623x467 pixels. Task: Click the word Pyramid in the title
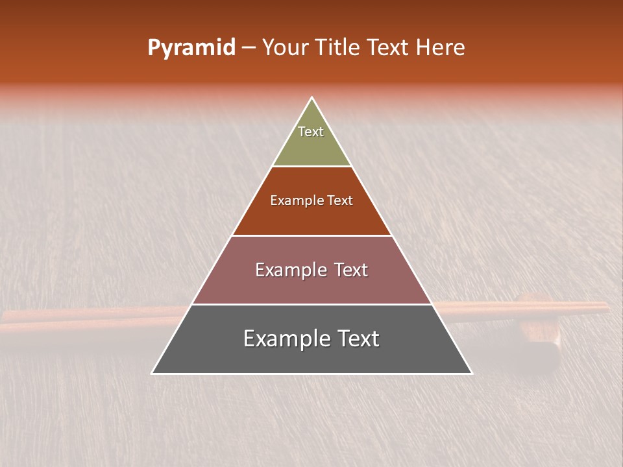pyautogui.click(x=191, y=48)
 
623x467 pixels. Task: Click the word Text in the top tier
pyautogui.click(x=311, y=132)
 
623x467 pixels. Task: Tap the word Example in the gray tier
pyautogui.click(x=286, y=339)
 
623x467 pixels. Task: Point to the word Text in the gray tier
pyautogui.click(x=356, y=339)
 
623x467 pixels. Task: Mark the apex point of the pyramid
pyautogui.click(x=312, y=98)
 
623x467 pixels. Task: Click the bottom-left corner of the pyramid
pyautogui.click(x=153, y=373)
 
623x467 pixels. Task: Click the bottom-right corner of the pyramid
pyautogui.click(x=471, y=373)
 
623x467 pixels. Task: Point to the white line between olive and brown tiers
pyautogui.click(x=311, y=167)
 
